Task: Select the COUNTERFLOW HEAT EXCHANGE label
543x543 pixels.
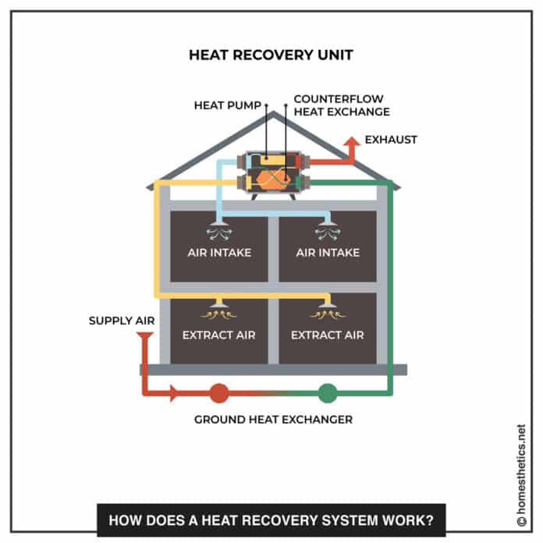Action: point(341,106)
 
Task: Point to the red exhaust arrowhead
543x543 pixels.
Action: point(352,141)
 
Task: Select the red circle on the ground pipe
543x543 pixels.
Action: point(219,393)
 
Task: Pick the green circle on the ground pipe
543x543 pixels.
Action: point(328,393)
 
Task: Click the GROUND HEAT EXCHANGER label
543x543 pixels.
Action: point(273,420)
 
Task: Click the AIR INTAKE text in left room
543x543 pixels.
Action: point(218,253)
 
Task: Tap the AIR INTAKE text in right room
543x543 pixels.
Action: point(328,253)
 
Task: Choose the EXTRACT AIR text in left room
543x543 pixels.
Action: point(218,335)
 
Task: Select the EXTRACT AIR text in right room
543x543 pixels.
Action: point(328,335)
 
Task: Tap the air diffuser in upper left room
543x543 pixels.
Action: point(218,231)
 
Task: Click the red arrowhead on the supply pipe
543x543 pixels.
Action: point(175,393)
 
